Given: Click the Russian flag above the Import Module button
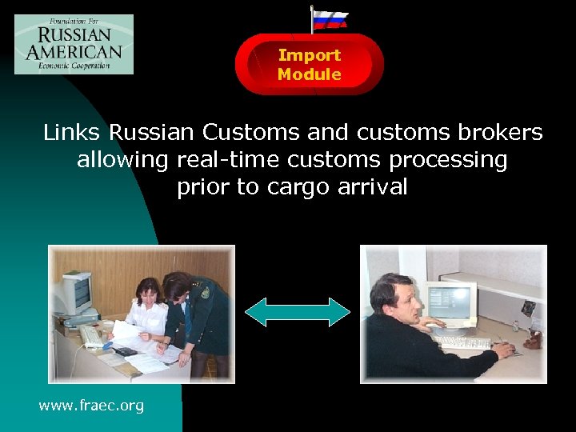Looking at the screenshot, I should click(x=329, y=19).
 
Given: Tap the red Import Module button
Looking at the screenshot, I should click(x=309, y=65).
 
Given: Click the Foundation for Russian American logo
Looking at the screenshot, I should click(x=74, y=44).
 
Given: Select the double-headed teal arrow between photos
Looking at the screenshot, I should click(x=297, y=312).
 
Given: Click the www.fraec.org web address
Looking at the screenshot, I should click(x=91, y=406).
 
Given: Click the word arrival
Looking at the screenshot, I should click(x=379, y=187).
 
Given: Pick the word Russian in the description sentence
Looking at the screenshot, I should click(x=152, y=132).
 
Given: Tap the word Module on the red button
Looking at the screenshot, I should click(x=310, y=74).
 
